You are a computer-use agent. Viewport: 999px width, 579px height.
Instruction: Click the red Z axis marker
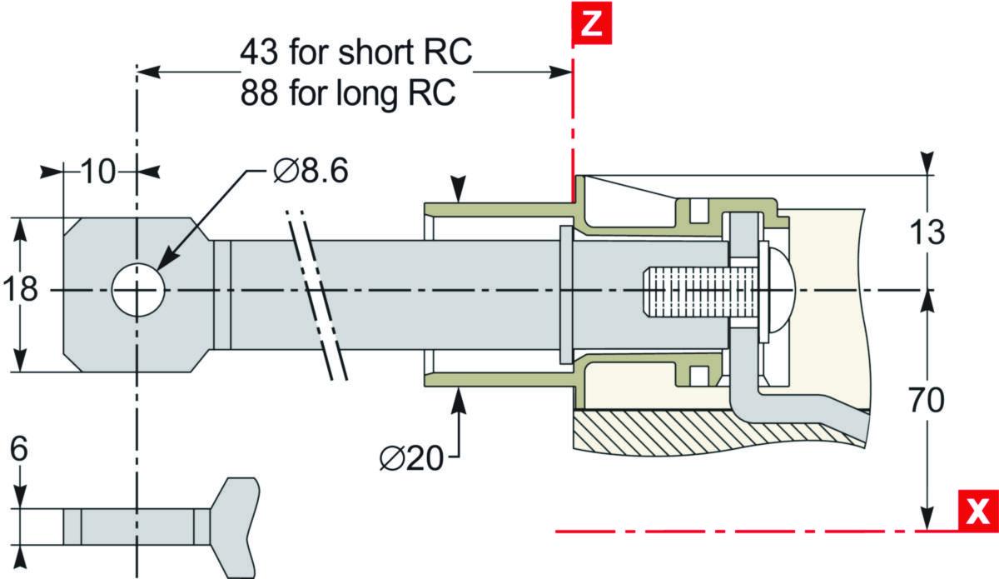(x=592, y=23)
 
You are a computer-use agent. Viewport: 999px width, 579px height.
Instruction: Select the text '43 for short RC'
(x=356, y=52)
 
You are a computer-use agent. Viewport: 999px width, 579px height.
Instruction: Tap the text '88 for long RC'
(x=348, y=92)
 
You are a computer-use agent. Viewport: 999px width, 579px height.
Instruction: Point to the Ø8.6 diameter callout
(x=311, y=171)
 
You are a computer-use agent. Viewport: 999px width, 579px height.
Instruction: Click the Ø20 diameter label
(x=411, y=458)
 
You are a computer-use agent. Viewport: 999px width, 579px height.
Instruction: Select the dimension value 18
(x=21, y=289)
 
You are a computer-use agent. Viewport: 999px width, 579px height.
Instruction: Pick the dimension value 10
(x=98, y=172)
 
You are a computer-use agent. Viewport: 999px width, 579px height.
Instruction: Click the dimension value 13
(x=927, y=232)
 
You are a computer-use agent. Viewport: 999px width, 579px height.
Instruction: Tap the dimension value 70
(x=927, y=400)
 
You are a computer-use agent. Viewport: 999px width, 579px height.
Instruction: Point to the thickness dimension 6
(x=18, y=449)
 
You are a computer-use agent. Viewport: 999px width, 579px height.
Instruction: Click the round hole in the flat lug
(x=138, y=290)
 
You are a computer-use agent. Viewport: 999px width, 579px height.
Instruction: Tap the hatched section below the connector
(x=718, y=433)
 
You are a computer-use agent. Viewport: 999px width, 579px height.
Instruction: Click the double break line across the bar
(x=316, y=296)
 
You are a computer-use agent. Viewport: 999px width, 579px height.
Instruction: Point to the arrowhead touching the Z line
(x=560, y=72)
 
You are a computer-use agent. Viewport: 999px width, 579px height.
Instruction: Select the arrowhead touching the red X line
(x=927, y=518)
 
